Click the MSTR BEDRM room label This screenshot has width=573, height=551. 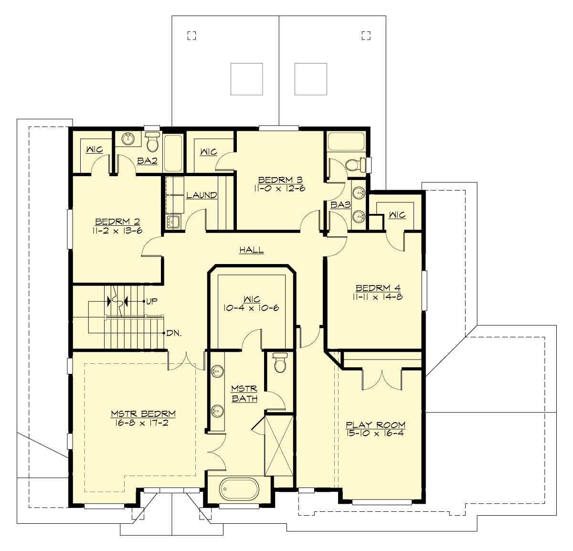pos(143,414)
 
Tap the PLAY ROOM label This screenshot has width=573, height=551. pos(375,425)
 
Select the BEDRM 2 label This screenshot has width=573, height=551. pos(117,222)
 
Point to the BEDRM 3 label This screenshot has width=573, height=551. pos(280,180)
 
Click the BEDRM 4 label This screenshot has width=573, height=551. pos(378,288)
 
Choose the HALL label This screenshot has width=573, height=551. pos(251,250)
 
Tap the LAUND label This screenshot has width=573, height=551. pos(202,195)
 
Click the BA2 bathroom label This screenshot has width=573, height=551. pos(147,161)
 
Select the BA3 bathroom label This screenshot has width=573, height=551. pos(340,205)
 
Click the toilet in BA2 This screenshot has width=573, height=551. pos(153,142)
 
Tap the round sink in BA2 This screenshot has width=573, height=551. pos(128,139)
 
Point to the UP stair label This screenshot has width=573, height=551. pos(152,301)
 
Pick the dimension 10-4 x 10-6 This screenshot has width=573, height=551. pos(251,308)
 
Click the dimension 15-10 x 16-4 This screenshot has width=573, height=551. pos(375,434)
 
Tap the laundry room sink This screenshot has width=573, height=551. pos(173,222)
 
